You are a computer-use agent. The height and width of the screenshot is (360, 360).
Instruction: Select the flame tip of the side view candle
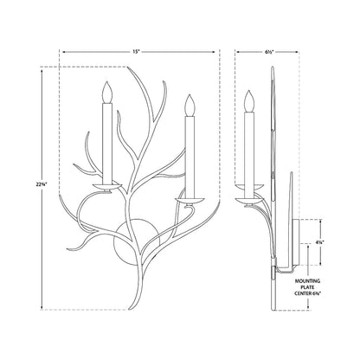coord(251,95)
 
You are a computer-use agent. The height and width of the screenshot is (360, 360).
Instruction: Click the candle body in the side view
coord(251,147)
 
